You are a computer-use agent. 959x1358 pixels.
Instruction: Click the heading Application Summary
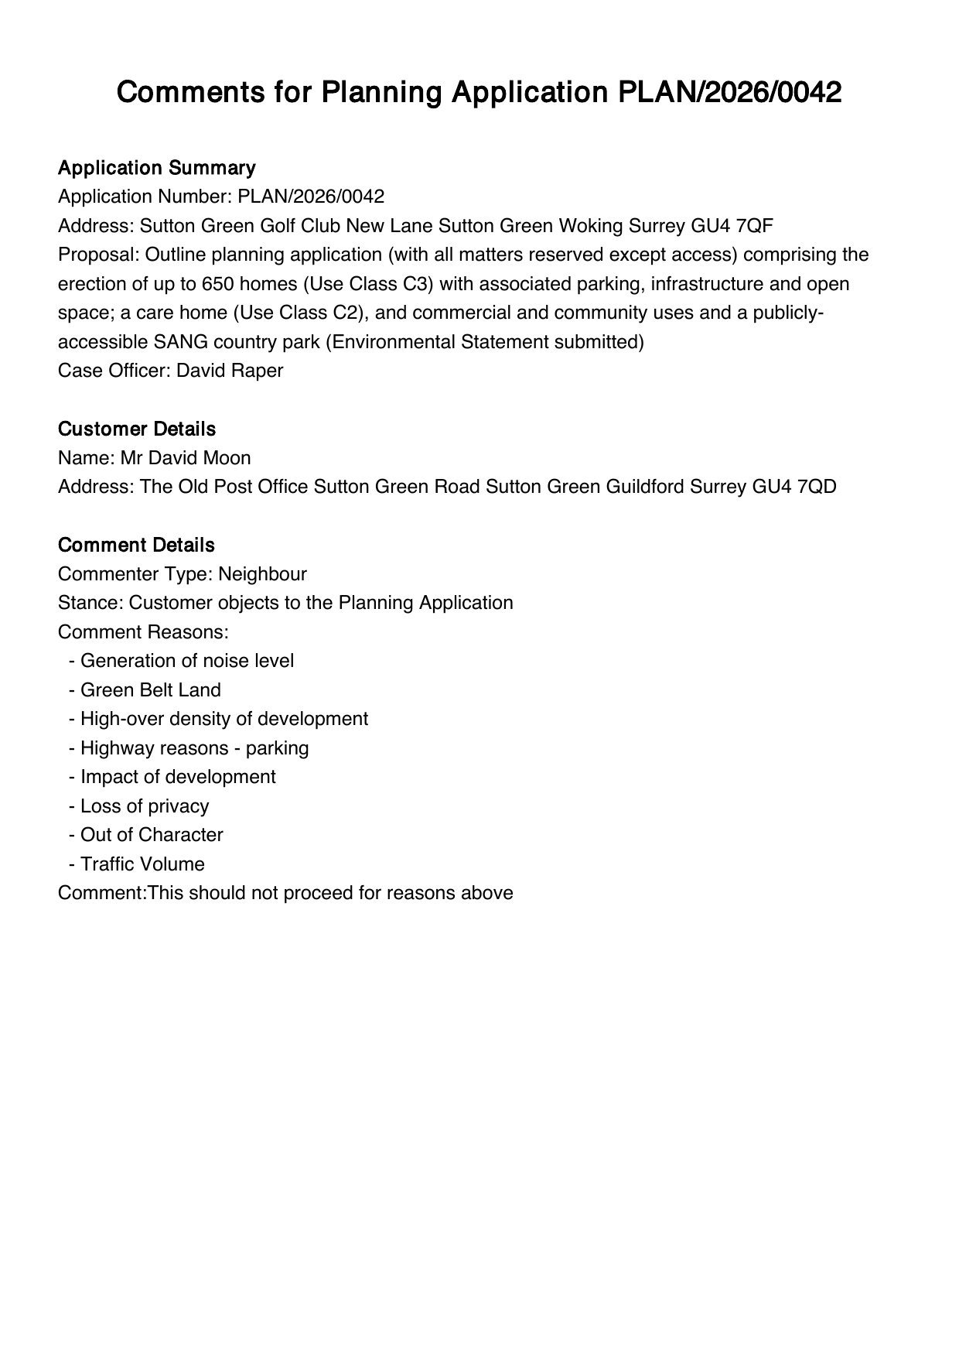(156, 168)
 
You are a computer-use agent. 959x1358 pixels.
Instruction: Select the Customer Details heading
(136, 429)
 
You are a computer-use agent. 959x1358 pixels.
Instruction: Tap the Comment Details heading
(136, 545)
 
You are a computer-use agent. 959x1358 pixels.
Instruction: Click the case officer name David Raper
(230, 371)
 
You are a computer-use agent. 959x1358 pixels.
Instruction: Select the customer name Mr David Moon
(186, 458)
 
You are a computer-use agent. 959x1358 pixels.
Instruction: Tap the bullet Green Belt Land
(150, 690)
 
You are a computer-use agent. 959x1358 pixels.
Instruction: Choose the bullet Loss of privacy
(145, 806)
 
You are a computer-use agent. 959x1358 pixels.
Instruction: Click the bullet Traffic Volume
(142, 864)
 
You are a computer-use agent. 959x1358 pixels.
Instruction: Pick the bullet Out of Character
(152, 835)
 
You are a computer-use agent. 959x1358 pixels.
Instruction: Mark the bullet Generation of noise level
(187, 661)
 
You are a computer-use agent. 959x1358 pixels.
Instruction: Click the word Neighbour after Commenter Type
(262, 574)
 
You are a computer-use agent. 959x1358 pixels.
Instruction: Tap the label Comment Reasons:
(143, 632)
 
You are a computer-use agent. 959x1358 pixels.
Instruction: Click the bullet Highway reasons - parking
(194, 748)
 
